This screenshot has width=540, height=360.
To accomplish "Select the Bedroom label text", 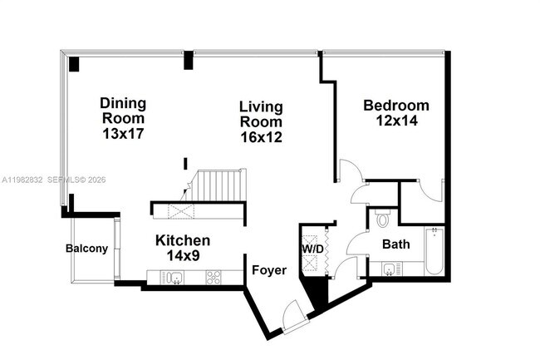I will (396, 106).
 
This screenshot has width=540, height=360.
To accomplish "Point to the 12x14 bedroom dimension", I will (396, 121).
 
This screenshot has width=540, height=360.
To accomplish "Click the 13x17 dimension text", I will (123, 133).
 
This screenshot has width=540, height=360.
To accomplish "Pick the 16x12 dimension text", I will (261, 136).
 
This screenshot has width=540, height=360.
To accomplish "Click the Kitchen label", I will (183, 240).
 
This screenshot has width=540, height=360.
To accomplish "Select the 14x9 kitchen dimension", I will (183, 255).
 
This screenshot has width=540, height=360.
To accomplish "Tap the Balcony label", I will (86, 249).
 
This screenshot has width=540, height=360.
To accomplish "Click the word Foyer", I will (269, 270).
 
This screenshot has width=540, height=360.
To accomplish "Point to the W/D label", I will (312, 248).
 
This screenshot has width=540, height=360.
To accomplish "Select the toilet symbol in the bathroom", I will (383, 219).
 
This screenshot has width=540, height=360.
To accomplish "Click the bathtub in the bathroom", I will (434, 252).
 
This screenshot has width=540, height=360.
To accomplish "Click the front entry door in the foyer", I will (293, 317).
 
